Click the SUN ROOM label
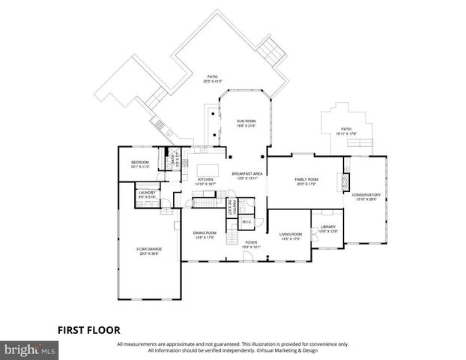pos(246,121)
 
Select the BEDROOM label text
pos(140,162)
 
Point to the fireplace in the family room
pos(345,181)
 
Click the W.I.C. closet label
pos(246,222)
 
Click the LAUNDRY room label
pos(146,193)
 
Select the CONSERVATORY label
pos(366,195)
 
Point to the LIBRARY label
pos(328,226)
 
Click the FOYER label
pos(250,242)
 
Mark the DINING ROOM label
pos(205,232)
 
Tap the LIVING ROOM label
pos(290,235)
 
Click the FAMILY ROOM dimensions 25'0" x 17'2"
pos(306,184)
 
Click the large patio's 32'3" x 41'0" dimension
pos(213,81)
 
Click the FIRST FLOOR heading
pos(88,329)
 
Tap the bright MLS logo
pos(30,349)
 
